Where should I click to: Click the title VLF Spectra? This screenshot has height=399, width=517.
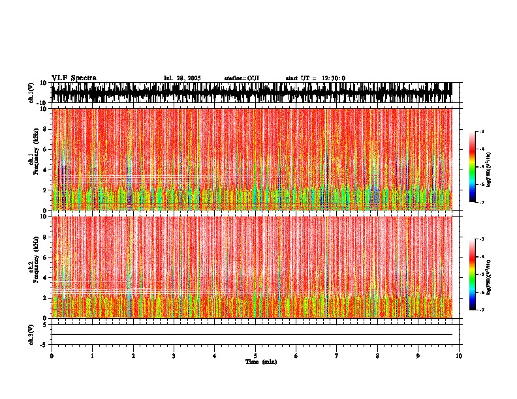click(74, 78)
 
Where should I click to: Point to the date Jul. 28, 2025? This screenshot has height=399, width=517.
click(181, 78)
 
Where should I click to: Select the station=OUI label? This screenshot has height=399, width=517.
click(242, 78)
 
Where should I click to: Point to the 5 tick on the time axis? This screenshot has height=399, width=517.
click(255, 356)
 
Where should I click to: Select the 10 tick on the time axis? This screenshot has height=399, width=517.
click(460, 356)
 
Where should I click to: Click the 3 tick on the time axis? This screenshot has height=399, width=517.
click(174, 356)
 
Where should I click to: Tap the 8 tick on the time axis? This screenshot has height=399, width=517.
click(377, 356)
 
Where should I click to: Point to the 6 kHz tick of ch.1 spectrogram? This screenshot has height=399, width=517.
click(46, 149)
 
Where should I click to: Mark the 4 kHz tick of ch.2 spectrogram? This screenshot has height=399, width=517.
click(46, 277)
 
